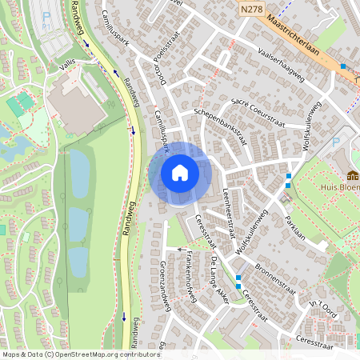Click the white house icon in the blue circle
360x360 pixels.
(x=180, y=173)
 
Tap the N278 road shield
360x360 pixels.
(x=251, y=8)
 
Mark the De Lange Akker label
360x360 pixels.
(x=218, y=276)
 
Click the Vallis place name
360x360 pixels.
(x=67, y=71)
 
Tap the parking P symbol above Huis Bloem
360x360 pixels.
(x=335, y=142)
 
